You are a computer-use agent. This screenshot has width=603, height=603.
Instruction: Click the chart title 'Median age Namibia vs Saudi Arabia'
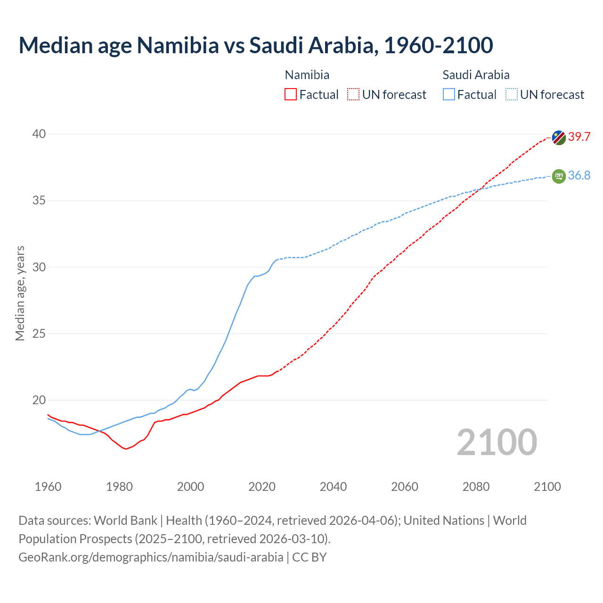[256, 45]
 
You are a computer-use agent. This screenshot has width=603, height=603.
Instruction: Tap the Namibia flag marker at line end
[559, 138]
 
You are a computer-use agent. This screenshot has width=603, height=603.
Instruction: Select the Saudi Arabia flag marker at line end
[559, 176]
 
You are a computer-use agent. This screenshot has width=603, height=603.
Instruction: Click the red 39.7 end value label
[579, 137]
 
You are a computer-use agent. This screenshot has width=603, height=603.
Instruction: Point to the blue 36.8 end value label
[579, 176]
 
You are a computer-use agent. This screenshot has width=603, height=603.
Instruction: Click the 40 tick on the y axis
[39, 134]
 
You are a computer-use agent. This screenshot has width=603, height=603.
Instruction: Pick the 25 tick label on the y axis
[39, 334]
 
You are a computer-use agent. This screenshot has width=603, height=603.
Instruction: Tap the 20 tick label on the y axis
[39, 400]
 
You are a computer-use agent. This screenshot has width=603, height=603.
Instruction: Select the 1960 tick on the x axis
[48, 487]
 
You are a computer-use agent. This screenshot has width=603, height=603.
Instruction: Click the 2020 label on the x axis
[262, 487]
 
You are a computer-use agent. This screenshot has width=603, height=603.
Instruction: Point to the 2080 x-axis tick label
[476, 487]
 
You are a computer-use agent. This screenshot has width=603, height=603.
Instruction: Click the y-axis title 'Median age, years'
[20, 293]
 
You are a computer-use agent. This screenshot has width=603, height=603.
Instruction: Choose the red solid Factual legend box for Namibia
[291, 95]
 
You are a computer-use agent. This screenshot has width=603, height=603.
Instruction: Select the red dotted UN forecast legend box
[353, 95]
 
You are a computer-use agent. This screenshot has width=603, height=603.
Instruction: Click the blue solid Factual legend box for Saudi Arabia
[449, 95]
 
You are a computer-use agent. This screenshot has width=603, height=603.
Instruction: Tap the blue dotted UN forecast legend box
[512, 95]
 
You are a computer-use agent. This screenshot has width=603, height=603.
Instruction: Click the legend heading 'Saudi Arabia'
[476, 75]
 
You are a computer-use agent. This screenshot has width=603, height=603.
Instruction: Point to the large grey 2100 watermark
[497, 442]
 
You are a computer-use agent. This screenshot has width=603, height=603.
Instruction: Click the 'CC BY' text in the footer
[310, 557]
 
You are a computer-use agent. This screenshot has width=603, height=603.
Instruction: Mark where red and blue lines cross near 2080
[481, 188]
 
